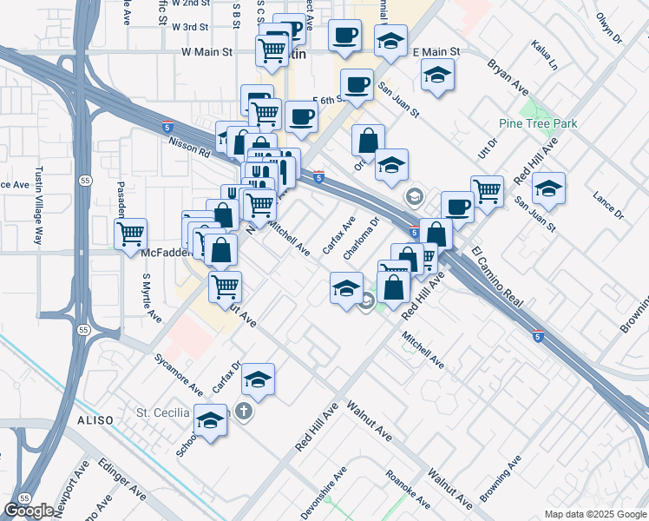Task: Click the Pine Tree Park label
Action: point(539,124)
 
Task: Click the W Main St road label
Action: point(207,52)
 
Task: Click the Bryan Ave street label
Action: point(508,77)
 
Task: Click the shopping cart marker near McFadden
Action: point(130,232)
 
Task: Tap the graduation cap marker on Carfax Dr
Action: point(259,378)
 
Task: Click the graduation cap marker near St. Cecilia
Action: point(210,419)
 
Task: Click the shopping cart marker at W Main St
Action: point(272,52)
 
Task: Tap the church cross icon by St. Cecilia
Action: point(245,411)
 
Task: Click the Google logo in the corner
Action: point(29,511)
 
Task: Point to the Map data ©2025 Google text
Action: point(594,514)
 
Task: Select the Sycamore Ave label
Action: point(178,373)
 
